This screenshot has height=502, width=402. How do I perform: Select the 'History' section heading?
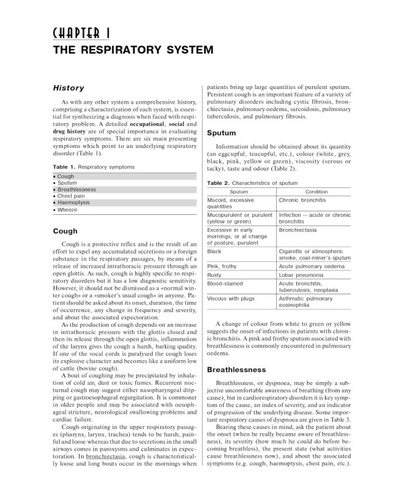68,88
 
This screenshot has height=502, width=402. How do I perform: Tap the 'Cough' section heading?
65,232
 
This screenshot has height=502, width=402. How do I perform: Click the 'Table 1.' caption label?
64,166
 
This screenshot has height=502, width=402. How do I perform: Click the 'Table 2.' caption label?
218,182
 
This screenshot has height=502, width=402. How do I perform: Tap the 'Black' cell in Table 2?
215,251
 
